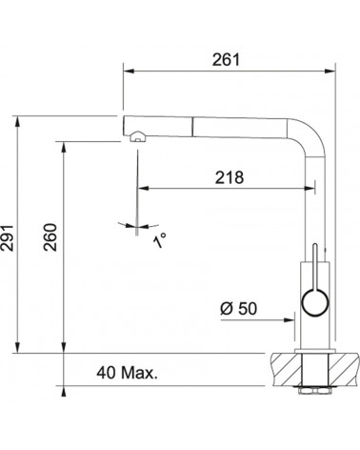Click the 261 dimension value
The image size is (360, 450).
[x=226, y=60]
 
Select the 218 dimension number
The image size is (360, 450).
[x=230, y=177]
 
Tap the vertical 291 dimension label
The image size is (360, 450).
[x=7, y=238]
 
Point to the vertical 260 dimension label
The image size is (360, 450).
[x=50, y=237]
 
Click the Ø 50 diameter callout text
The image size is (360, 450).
[x=239, y=308]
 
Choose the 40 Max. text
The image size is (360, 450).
[x=127, y=373]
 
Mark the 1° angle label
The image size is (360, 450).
[x=160, y=240]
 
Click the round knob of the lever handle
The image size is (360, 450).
[x=315, y=302]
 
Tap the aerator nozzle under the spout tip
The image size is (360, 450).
[x=138, y=137]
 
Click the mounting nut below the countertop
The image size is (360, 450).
[x=313, y=390]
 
